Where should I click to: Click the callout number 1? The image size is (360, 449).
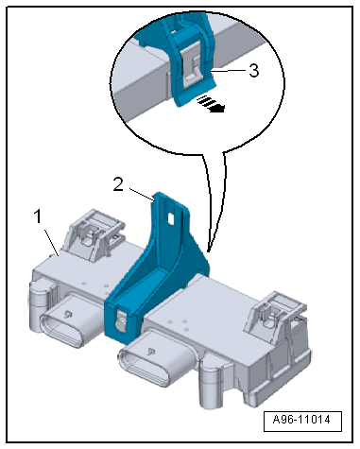(x=38, y=216)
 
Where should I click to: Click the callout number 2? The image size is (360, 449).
(x=118, y=184)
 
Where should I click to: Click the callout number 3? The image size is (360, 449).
(x=254, y=71)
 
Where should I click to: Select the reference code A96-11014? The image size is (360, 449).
(x=302, y=420)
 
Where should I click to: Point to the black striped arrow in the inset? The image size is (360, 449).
(x=211, y=104)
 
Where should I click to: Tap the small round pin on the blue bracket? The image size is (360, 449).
(x=120, y=324)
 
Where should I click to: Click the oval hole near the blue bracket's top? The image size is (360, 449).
(x=171, y=218)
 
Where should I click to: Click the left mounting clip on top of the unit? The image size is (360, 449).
(x=95, y=231)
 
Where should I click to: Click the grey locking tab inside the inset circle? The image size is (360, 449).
(x=192, y=67)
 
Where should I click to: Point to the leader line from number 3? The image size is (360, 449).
(x=231, y=71)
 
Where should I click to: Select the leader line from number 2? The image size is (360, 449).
(x=141, y=194)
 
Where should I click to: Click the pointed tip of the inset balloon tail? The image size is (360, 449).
(x=208, y=251)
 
